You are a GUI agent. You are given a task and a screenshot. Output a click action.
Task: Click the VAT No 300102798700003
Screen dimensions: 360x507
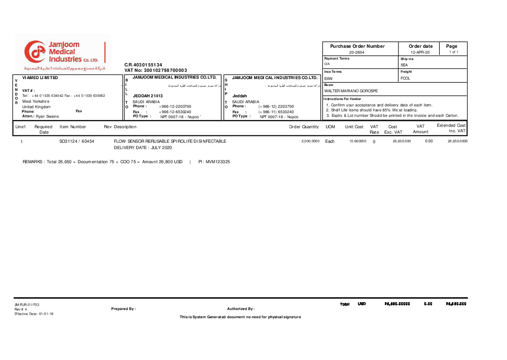156,70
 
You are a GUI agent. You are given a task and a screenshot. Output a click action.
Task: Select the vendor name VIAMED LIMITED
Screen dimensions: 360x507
40,78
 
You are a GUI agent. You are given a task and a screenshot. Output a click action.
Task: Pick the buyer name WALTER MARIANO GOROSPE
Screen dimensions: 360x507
351,91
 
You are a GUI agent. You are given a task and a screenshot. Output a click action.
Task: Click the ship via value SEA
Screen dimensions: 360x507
404,65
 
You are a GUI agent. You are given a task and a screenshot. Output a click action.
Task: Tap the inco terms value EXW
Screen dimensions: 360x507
328,79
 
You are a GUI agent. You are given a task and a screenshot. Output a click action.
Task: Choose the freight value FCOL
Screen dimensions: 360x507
405,79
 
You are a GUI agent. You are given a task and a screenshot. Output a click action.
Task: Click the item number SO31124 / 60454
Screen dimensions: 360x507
77,141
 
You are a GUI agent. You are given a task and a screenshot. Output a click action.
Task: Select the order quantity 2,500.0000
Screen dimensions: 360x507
310,141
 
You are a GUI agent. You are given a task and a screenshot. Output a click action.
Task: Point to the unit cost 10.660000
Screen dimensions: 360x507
358,141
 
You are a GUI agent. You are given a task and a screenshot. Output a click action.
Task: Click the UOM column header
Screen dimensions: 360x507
330,127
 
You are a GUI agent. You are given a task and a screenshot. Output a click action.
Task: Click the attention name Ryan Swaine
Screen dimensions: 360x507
47,116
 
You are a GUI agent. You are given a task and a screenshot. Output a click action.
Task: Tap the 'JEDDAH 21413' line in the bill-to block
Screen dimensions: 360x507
148,96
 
